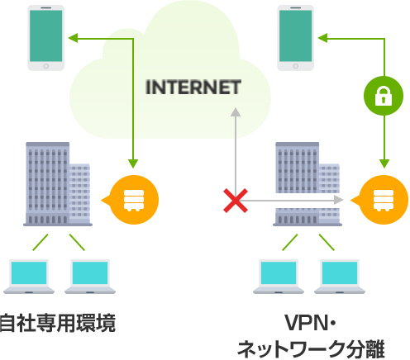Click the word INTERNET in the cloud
pyautogui.click(x=193, y=87)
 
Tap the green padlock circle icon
pyautogui.click(x=384, y=96)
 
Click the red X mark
pyautogui.click(x=236, y=201)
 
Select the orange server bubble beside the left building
pyautogui.click(x=131, y=200)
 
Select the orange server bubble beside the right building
pyautogui.click(x=380, y=200)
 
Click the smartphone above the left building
pyautogui.click(x=46, y=38)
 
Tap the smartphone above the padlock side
pyautogui.click(x=295, y=38)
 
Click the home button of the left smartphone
pyautogui.click(x=46, y=66)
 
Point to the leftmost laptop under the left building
pyautogui.click(x=29, y=277)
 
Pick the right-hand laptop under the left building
pyautogui.click(x=90, y=277)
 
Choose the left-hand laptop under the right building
pyautogui.click(x=279, y=277)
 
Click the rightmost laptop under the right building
pyautogui.click(x=340, y=277)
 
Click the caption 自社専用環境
pyautogui.click(x=57, y=323)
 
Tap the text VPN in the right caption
pyautogui.click(x=306, y=323)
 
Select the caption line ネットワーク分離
pyautogui.click(x=311, y=349)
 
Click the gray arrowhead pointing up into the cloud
pyautogui.click(x=236, y=112)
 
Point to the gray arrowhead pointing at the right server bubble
pyautogui.click(x=339, y=200)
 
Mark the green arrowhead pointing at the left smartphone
pyautogui.click(x=73, y=38)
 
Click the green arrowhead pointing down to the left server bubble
pyautogui.click(x=133, y=163)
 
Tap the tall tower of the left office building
pyautogui.click(x=47, y=183)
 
